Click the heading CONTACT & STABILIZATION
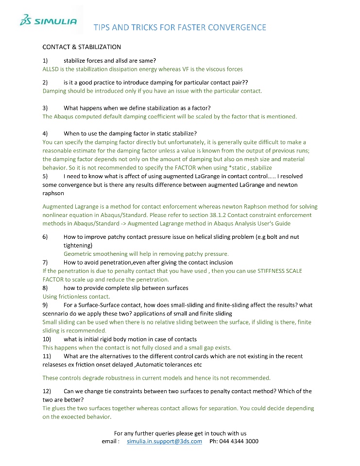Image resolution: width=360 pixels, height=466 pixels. [82, 47]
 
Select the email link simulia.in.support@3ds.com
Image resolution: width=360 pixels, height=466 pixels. [164, 441]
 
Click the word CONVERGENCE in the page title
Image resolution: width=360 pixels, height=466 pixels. [237, 27]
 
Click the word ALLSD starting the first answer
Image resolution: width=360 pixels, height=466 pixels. [51, 69]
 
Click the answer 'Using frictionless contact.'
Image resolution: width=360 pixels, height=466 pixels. [76, 296]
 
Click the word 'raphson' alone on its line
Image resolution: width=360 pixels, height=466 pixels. [53, 193]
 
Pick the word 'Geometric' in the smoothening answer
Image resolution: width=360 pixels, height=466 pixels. [79, 254]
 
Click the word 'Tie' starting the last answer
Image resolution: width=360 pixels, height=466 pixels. [47, 408]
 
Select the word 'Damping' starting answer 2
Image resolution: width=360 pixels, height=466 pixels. [55, 91]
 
